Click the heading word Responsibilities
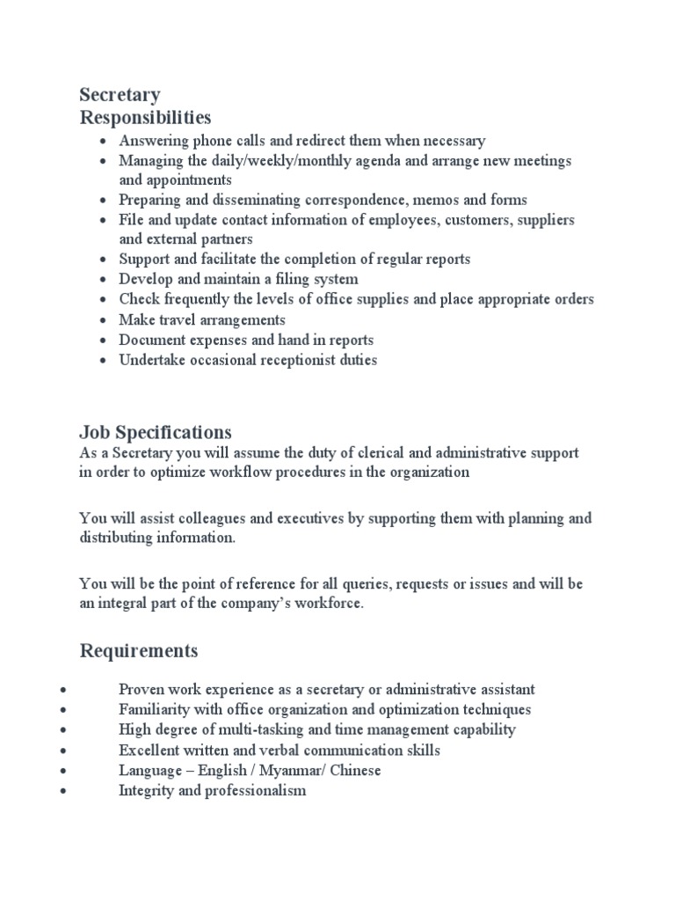pos(145,117)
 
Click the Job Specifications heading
pos(156,432)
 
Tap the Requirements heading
pos(139,651)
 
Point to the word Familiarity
pos(152,709)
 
